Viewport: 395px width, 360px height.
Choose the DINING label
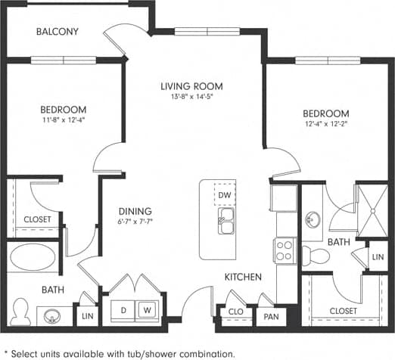[x=135, y=211]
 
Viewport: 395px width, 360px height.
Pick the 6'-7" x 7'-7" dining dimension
[x=135, y=222]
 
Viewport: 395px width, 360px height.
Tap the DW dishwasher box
[x=224, y=195]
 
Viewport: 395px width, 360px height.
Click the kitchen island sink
[x=225, y=223]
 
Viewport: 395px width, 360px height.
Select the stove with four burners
[x=285, y=250]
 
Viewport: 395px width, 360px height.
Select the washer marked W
[x=147, y=309]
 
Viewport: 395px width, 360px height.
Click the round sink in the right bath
[x=314, y=220]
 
